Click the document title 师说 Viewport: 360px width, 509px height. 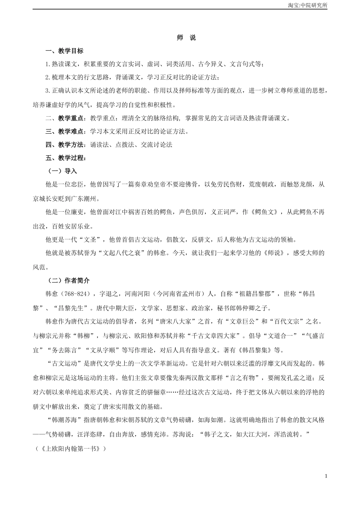[x=186, y=38]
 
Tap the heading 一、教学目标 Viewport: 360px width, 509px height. [x=64, y=51]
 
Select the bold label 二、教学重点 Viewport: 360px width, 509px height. [x=64, y=118]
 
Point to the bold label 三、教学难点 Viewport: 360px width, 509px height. [x=64, y=131]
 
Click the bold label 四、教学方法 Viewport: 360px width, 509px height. [x=64, y=145]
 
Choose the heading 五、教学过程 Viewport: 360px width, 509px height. [x=64, y=158]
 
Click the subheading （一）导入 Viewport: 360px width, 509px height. [x=62, y=171]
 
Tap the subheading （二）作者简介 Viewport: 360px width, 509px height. [x=68, y=281]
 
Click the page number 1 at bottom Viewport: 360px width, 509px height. [x=326, y=476]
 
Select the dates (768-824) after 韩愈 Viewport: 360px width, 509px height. [x=75, y=294]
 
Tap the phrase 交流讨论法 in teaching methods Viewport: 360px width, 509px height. [x=157, y=145]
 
